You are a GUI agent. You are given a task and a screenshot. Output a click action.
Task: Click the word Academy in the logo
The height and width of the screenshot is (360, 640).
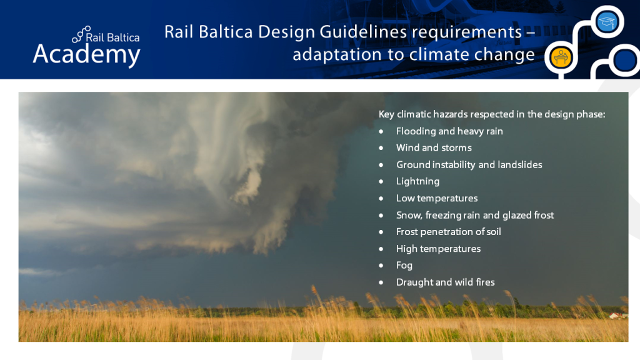click(x=86, y=54)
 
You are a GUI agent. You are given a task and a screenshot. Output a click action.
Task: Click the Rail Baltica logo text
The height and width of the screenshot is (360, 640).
click(x=112, y=37)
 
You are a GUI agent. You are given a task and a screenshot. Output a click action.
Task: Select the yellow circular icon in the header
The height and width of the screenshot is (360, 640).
click(x=558, y=57)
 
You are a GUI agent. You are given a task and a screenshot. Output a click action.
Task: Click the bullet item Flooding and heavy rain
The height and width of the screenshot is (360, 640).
click(x=449, y=131)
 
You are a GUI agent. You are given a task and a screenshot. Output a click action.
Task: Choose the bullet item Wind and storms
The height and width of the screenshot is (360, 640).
click(x=433, y=148)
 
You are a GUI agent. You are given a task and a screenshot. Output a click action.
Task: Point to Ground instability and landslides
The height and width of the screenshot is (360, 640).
click(x=469, y=165)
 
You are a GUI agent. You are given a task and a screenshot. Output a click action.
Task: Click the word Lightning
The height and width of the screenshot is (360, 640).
click(x=417, y=181)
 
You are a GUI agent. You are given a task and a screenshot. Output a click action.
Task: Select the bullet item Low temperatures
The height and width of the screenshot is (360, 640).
click(x=436, y=198)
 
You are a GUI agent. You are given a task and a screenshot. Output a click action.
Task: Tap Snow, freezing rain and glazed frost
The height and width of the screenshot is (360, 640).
click(x=474, y=215)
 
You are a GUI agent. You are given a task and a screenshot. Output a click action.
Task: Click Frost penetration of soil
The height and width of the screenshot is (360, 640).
click(x=448, y=232)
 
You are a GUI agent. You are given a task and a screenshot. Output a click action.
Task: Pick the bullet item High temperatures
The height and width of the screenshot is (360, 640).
click(x=438, y=249)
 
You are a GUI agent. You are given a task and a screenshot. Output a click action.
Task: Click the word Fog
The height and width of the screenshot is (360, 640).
click(x=404, y=266)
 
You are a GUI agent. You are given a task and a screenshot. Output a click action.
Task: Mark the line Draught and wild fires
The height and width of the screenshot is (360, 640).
click(x=445, y=282)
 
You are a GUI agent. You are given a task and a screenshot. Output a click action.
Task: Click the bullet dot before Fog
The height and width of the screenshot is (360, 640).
click(x=381, y=266)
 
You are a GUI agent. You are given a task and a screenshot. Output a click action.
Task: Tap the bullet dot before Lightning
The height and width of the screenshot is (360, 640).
click(x=381, y=181)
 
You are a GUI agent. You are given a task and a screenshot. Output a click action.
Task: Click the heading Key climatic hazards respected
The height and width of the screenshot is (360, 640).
click(x=492, y=114)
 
